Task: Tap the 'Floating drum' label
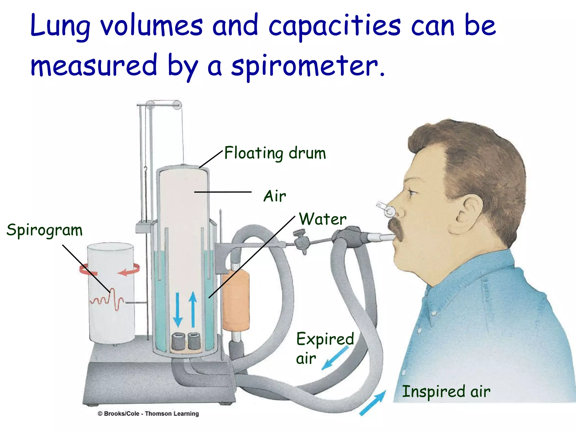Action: [275, 153]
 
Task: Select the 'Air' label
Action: [274, 196]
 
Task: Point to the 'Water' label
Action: [323, 219]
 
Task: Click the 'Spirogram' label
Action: [44, 230]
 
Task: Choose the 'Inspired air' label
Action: [446, 391]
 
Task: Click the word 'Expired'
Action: [325, 339]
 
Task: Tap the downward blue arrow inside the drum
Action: [178, 309]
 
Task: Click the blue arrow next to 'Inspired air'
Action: [373, 402]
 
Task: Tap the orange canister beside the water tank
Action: [236, 300]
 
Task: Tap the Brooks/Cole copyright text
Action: [148, 414]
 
